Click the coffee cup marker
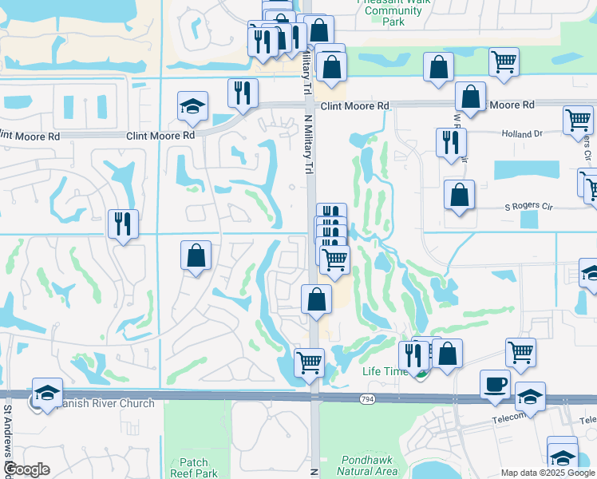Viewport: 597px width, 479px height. tap(495, 384)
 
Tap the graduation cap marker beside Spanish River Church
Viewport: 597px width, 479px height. tap(47, 392)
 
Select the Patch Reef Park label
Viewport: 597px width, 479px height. tap(199, 468)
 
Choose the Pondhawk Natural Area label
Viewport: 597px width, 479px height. tap(367, 465)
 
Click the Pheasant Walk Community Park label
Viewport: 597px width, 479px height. tap(393, 12)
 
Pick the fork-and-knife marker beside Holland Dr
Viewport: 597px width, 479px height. tap(451, 142)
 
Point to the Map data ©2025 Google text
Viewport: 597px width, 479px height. tap(547, 472)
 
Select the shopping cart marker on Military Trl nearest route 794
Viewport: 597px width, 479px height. tap(309, 362)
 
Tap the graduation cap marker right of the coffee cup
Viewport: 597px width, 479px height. tap(530, 396)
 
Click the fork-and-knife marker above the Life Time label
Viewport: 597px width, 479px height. tap(413, 354)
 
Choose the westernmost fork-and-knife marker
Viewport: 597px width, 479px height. tap(123, 224)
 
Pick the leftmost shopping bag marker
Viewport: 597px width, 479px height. tap(196, 255)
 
